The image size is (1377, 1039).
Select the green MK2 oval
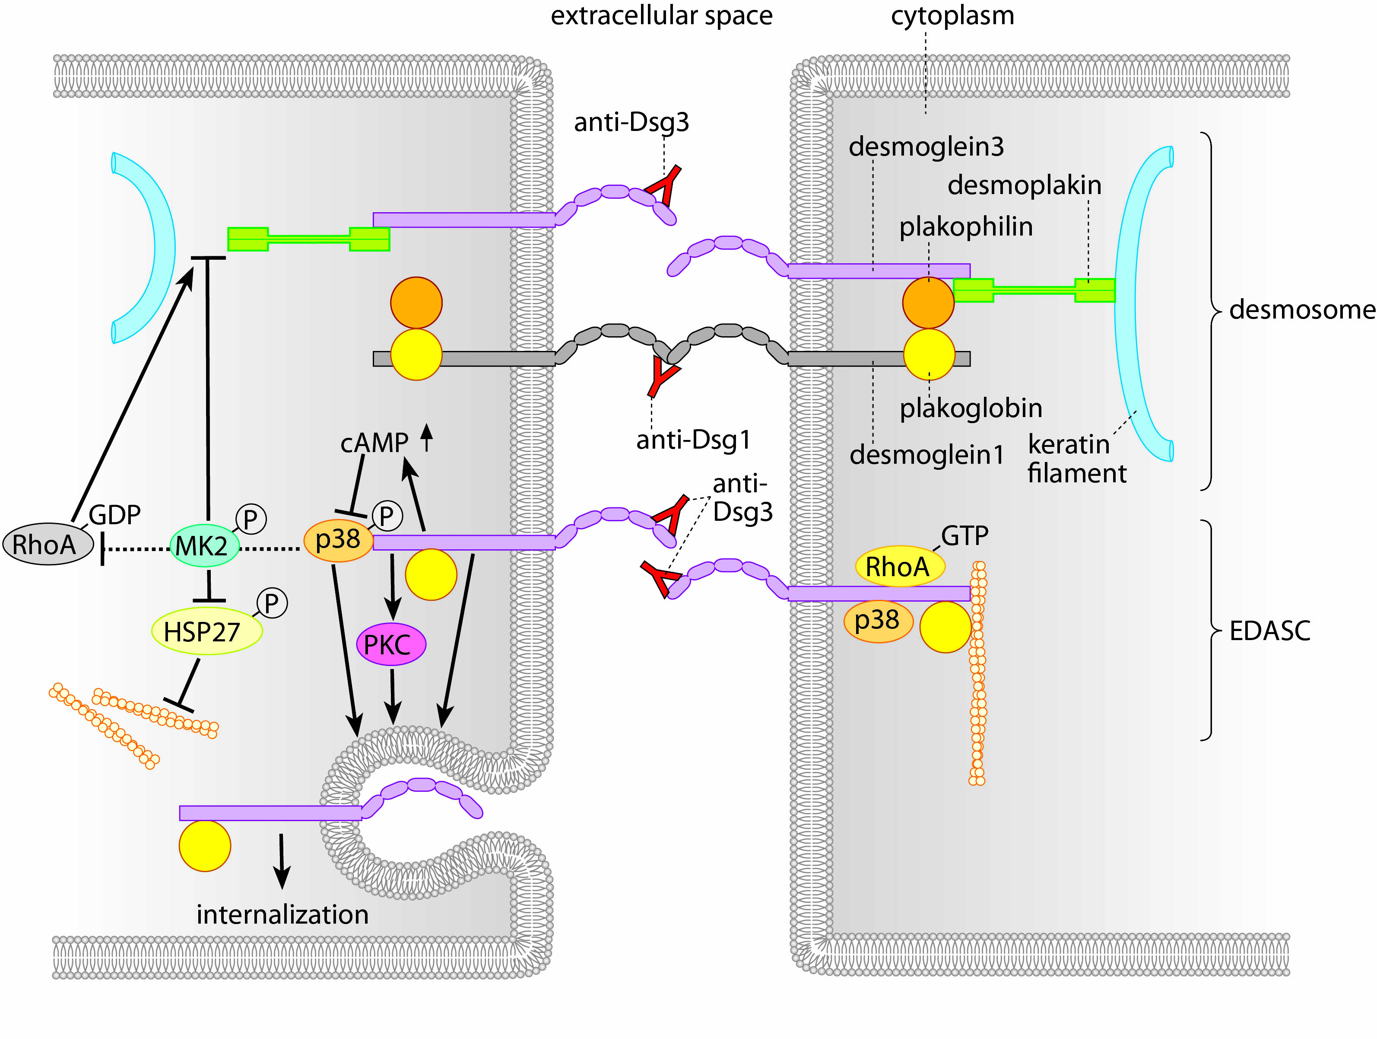pyautogui.click(x=204, y=546)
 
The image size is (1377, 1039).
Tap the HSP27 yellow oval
pyautogui.click(x=206, y=631)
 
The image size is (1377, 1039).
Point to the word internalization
pyautogui.click(x=282, y=915)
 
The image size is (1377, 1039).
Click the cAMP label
pyautogui.click(x=374, y=443)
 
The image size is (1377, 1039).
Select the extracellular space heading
pyautogui.click(x=661, y=16)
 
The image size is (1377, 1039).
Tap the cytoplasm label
pyautogui.click(x=952, y=16)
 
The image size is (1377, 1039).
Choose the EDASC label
pyautogui.click(x=1270, y=631)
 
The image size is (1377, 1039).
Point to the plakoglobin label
pyautogui.click(x=971, y=408)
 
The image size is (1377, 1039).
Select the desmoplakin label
pyautogui.click(x=1024, y=185)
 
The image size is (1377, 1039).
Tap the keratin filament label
pyautogui.click(x=1076, y=459)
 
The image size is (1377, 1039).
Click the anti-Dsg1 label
pyautogui.click(x=693, y=440)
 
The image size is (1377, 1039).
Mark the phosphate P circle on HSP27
pyautogui.click(x=272, y=603)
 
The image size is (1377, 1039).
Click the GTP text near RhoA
pyautogui.click(x=964, y=535)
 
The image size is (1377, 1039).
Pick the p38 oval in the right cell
pyautogui.click(x=877, y=620)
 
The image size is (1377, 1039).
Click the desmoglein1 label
pyautogui.click(x=926, y=455)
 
